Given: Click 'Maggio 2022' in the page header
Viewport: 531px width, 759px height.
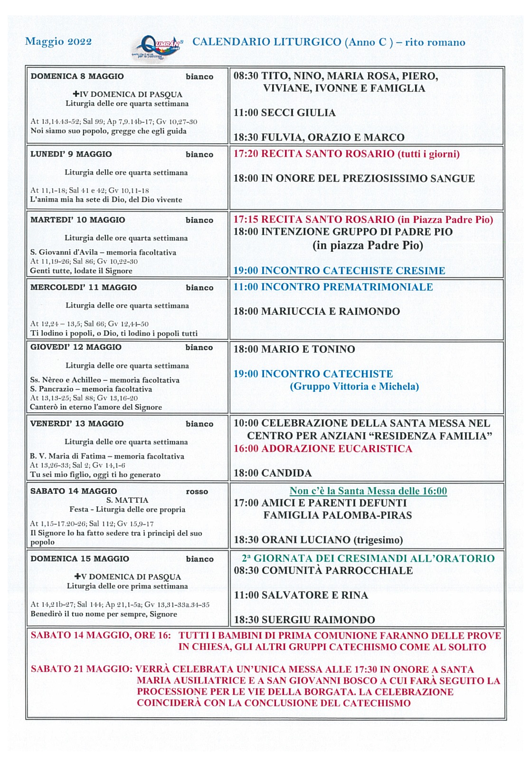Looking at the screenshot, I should pyautogui.click(x=58, y=42).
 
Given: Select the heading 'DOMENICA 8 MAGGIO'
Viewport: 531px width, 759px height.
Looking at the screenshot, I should pyautogui.click(x=77, y=76).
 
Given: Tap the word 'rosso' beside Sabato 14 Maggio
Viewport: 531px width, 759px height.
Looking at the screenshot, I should pyautogui.click(x=197, y=492).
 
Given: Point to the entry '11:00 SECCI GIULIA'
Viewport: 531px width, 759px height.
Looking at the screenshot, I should pyautogui.click(x=284, y=113).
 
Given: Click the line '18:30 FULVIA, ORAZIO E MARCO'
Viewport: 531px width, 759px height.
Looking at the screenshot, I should pyautogui.click(x=319, y=138).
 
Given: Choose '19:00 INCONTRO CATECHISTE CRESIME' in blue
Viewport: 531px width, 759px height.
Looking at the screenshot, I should pyautogui.click(x=339, y=271).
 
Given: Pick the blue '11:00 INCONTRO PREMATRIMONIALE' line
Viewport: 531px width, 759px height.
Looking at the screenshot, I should pyautogui.click(x=333, y=287).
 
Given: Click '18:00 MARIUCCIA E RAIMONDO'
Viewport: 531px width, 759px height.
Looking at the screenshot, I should pyautogui.click(x=316, y=312).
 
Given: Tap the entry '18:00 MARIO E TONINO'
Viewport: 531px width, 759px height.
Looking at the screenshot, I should pyautogui.click(x=294, y=350).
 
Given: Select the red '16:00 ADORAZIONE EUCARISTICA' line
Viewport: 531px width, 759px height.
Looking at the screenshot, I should pyautogui.click(x=322, y=449).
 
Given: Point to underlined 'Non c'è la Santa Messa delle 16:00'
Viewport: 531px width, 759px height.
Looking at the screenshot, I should pyautogui.click(x=368, y=491).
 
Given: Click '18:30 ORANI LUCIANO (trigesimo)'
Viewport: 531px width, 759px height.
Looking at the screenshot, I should pyautogui.click(x=318, y=540).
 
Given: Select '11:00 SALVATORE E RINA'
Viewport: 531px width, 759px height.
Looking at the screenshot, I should pyautogui.click(x=301, y=595).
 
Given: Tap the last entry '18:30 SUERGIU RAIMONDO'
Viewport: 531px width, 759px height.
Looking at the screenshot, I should pyautogui.click(x=304, y=620).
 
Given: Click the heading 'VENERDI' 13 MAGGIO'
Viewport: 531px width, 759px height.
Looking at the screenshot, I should pyautogui.click(x=77, y=424).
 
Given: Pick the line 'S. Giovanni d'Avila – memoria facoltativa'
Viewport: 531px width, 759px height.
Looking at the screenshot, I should pyautogui.click(x=103, y=252).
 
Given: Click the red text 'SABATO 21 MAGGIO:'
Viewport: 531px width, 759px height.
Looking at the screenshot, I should pyautogui.click(x=81, y=669).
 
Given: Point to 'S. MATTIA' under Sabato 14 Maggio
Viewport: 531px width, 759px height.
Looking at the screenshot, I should pyautogui.click(x=127, y=500).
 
